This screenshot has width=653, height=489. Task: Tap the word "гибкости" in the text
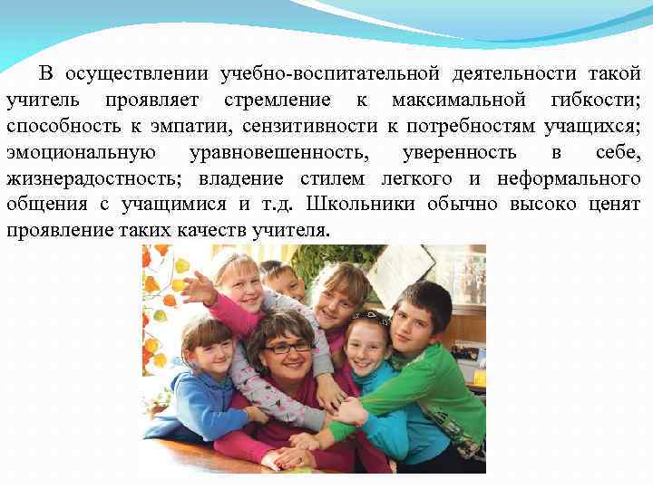598,99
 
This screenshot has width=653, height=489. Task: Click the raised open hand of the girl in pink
198,288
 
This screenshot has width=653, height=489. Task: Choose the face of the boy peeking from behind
282,282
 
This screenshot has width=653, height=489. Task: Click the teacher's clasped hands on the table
295,453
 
